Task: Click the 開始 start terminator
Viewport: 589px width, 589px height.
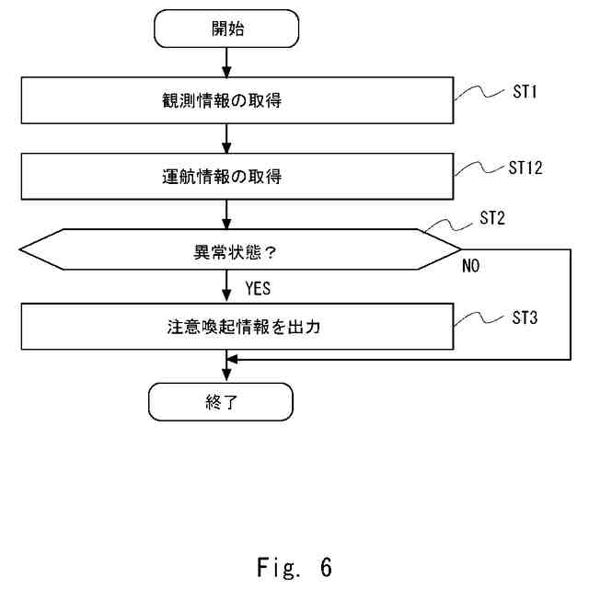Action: [x=227, y=29]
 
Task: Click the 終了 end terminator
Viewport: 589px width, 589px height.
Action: [x=221, y=401]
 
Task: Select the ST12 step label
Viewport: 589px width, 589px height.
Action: [x=526, y=168]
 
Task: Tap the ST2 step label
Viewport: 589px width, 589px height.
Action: [x=493, y=219]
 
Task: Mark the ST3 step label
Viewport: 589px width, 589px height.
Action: [x=525, y=318]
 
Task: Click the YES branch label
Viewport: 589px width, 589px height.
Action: [x=258, y=288]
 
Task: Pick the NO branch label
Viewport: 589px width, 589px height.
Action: [x=471, y=266]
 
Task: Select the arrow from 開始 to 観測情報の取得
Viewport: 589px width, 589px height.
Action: [x=227, y=62]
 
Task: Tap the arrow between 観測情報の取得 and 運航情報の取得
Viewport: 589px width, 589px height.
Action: [x=227, y=138]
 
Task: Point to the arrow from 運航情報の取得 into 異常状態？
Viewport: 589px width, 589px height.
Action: [x=227, y=214]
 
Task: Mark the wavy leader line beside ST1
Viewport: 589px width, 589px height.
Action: [x=479, y=92]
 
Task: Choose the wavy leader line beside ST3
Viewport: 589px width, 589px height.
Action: [x=479, y=318]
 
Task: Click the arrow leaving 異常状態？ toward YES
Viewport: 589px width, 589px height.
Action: [x=227, y=287]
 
